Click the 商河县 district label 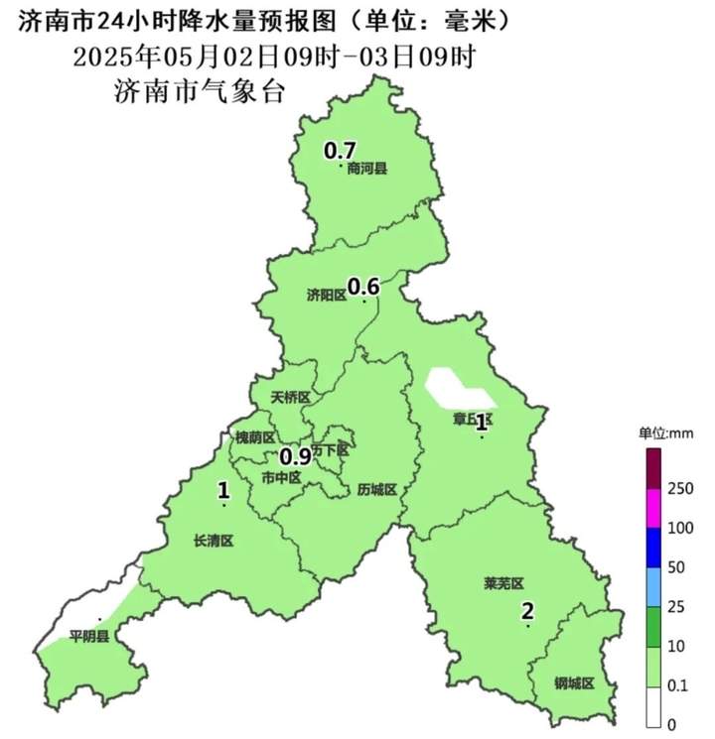366,169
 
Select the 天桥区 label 291,398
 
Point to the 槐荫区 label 254,437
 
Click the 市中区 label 281,477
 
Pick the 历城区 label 376,489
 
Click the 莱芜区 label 503,582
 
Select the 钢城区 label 573,683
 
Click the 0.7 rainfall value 341,151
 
